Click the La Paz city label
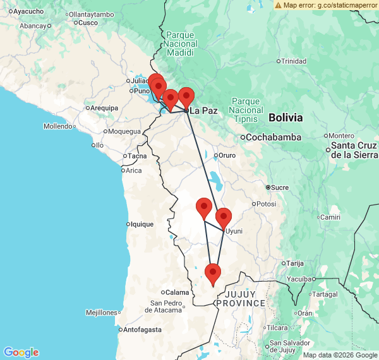tap(203, 111)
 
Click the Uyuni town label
tap(234, 231)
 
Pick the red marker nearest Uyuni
tap(224, 219)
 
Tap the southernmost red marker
tap(213, 275)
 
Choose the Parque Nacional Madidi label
tap(181, 39)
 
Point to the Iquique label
tap(141, 224)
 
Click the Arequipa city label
tap(104, 108)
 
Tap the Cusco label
tap(88, 23)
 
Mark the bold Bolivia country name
tap(286, 117)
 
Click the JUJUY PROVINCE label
tap(240, 298)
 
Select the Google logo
tap(21, 352)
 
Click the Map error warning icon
tap(279, 5)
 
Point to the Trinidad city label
tap(293, 61)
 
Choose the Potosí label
tap(265, 204)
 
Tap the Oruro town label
tap(227, 155)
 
